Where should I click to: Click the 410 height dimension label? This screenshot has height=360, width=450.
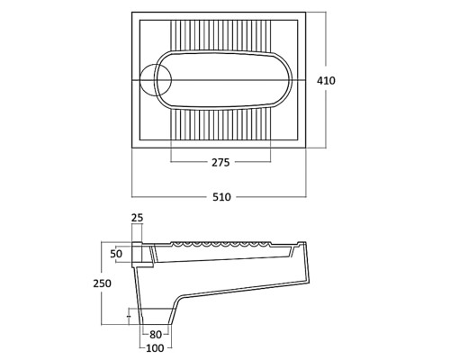click(x=326, y=81)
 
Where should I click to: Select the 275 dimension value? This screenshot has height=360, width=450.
click(x=220, y=162)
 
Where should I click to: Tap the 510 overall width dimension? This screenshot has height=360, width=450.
click(x=221, y=197)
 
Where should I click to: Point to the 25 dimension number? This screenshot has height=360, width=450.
click(x=138, y=218)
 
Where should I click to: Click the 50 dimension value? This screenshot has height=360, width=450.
click(x=116, y=254)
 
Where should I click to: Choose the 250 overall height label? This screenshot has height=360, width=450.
click(x=102, y=283)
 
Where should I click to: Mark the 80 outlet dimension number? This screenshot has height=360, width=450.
click(x=156, y=334)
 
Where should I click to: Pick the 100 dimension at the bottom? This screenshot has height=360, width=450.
click(x=156, y=348)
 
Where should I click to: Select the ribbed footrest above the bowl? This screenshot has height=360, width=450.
click(x=220, y=35)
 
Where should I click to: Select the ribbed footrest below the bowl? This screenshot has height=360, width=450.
click(x=220, y=124)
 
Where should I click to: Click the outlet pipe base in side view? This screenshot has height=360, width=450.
click(x=156, y=317)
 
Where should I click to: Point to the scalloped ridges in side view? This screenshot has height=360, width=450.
click(x=220, y=244)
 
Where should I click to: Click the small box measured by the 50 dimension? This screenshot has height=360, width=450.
click(x=137, y=252)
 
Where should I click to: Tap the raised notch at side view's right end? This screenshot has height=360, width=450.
click(x=301, y=244)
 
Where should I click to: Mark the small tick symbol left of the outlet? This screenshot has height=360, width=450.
click(x=129, y=317)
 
